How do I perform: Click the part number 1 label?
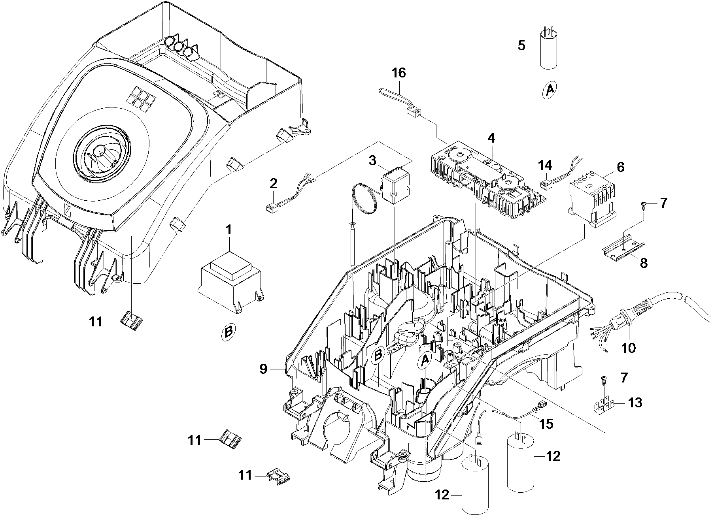point(228,230)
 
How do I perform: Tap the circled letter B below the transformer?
point(228,331)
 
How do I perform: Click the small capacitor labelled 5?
point(550,51)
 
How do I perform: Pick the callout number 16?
point(398,73)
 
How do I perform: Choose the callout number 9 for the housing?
point(264,369)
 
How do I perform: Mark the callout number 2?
point(274,183)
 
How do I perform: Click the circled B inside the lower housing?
point(378,355)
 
